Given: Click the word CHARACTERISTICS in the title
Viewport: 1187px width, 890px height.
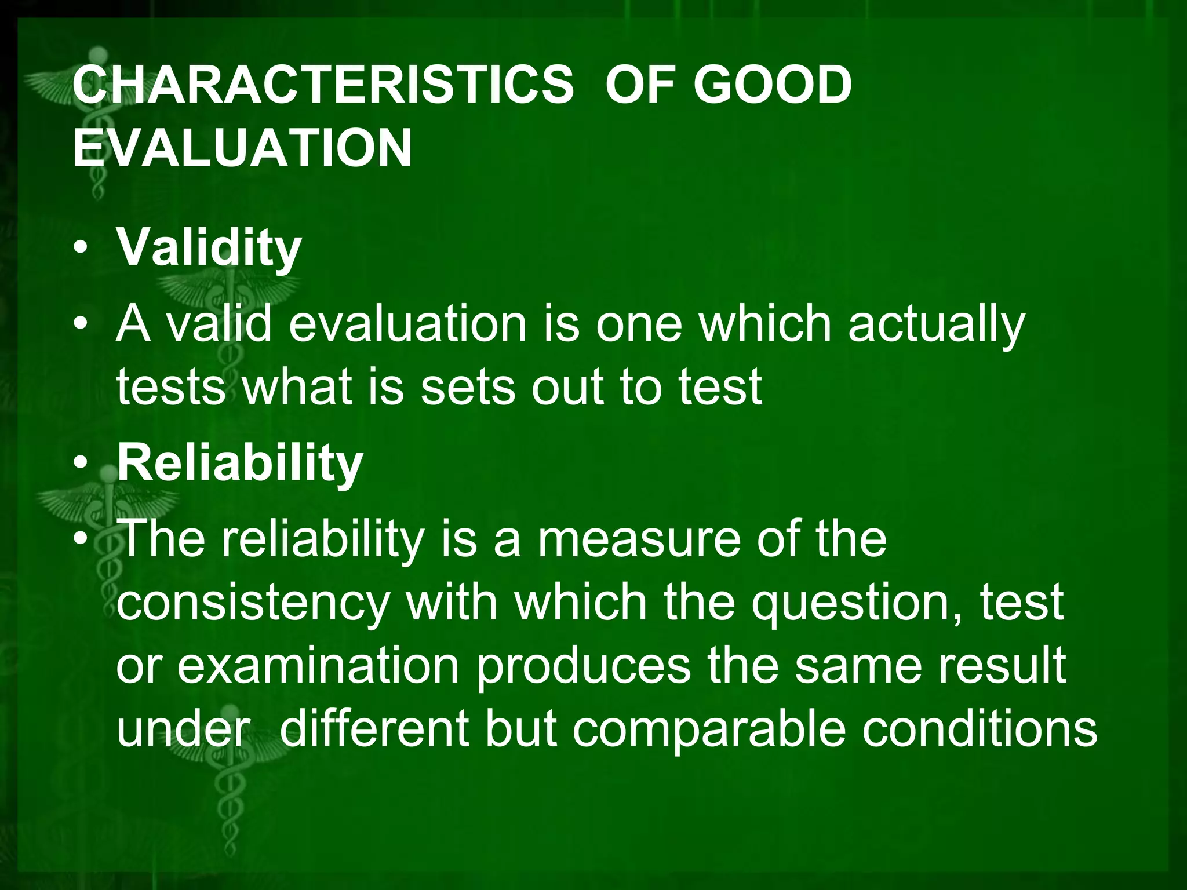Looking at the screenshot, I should tap(323, 86).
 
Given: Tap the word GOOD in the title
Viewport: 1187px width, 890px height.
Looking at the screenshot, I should tap(773, 86).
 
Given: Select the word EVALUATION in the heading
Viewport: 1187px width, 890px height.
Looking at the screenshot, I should tap(242, 148).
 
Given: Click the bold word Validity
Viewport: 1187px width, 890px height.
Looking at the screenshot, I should tap(209, 248).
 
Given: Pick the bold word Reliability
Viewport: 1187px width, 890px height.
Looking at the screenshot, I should tap(240, 463).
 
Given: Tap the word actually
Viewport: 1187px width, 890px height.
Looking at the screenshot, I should tap(937, 326).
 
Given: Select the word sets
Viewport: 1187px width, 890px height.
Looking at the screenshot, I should tap(467, 387).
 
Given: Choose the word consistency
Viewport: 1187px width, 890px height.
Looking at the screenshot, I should tap(253, 604).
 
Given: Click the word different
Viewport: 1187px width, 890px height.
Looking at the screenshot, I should tap(374, 728).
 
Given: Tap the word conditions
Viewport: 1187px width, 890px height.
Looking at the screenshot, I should tap(980, 728).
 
